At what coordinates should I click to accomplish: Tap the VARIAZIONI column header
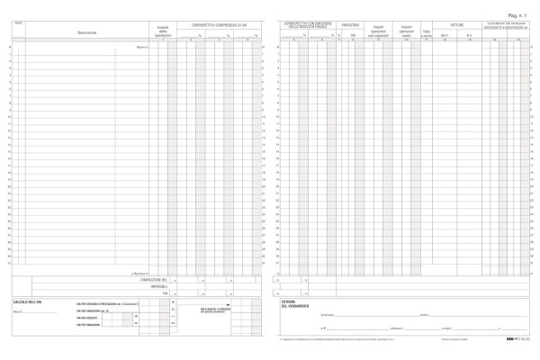coord(352,26)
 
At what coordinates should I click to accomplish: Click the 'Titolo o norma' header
coord(427,35)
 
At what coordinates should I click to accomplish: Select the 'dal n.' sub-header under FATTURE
coord(445,36)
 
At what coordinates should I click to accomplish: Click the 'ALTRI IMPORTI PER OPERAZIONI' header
coord(508,24)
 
